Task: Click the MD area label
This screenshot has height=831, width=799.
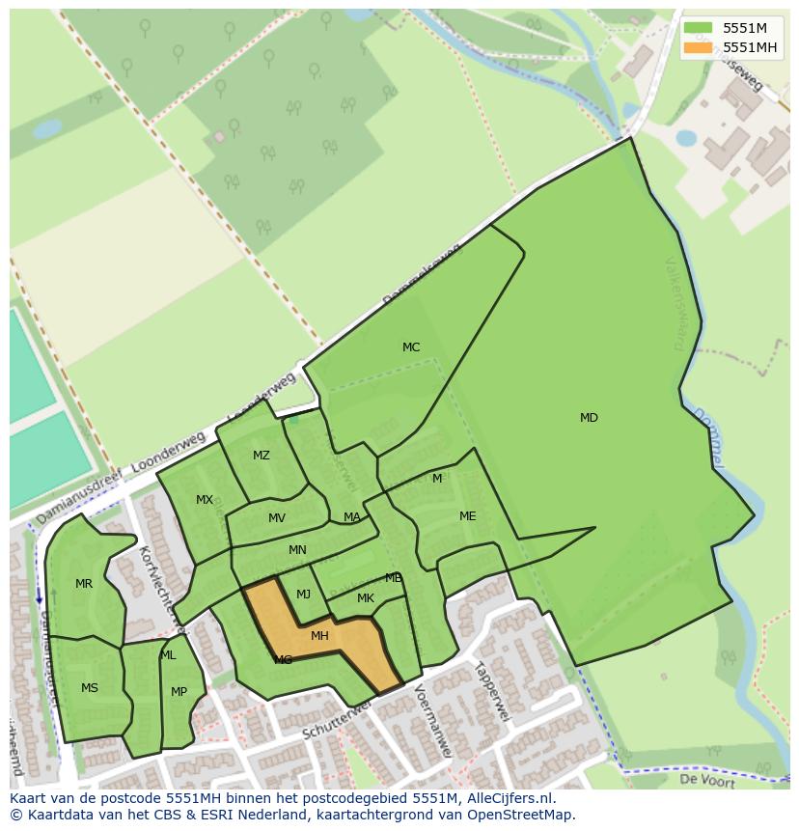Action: point(589,418)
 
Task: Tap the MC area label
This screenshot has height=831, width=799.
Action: point(411,347)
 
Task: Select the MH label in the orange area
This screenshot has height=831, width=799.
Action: point(319,636)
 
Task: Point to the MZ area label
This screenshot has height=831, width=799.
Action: point(262,456)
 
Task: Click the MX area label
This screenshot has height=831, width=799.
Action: point(205,500)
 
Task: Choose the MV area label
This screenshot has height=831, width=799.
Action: point(277,518)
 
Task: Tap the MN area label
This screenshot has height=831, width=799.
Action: point(297,550)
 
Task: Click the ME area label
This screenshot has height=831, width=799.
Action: point(468,516)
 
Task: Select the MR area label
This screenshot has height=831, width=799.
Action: point(84,584)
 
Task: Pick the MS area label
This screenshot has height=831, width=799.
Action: point(90,688)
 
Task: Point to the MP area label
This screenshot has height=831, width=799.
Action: point(179,692)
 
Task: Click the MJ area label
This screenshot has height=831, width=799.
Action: point(303,595)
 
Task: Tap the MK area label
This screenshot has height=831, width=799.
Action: point(365,598)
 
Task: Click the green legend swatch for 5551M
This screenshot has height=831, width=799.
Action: point(698,28)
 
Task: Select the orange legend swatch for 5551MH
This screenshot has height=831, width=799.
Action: point(698,47)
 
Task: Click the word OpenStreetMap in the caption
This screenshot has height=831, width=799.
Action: point(520,815)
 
